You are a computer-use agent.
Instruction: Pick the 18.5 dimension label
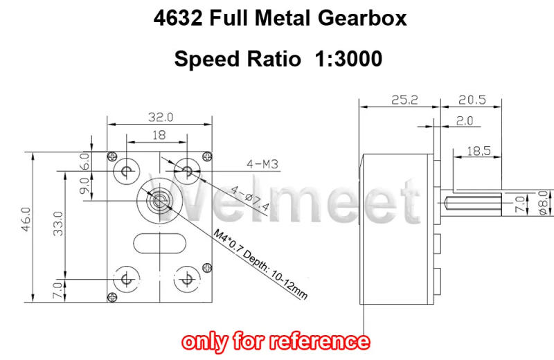point(479,150)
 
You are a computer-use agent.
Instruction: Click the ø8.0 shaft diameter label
point(543,204)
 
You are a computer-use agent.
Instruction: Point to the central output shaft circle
point(159,201)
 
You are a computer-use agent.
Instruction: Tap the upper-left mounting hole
point(127,170)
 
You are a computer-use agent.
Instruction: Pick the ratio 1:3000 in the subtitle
point(348,59)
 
